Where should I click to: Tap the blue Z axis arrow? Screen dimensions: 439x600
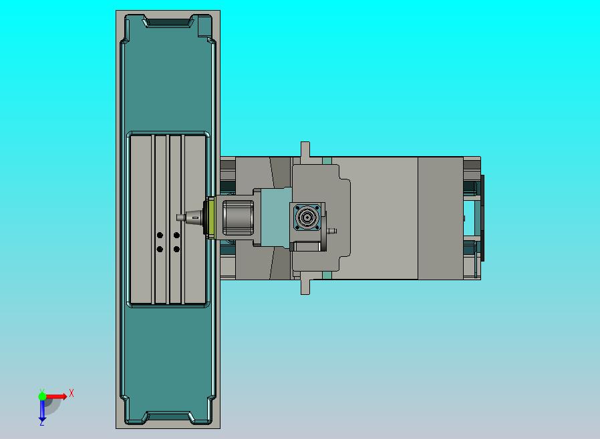click(41, 414)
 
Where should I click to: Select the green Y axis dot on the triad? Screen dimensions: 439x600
click(42, 396)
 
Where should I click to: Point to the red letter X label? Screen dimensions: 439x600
click(71, 394)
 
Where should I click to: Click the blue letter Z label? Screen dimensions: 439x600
click(41, 423)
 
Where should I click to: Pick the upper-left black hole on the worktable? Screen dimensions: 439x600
click(160, 235)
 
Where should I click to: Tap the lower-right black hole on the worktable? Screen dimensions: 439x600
click(176, 250)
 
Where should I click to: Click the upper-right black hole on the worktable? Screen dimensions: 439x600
click(176, 235)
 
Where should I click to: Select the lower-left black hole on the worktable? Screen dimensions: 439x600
click(160, 250)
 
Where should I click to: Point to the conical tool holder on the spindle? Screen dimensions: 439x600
click(194, 217)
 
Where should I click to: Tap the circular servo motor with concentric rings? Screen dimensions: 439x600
click(307, 217)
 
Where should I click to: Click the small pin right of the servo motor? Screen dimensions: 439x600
click(332, 232)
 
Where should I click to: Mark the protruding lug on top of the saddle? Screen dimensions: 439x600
click(305, 150)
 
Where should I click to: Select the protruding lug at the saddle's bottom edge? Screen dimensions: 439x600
click(305, 287)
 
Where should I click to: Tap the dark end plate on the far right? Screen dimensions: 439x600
click(483, 217)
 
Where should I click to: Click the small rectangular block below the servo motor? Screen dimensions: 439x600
click(307, 246)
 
